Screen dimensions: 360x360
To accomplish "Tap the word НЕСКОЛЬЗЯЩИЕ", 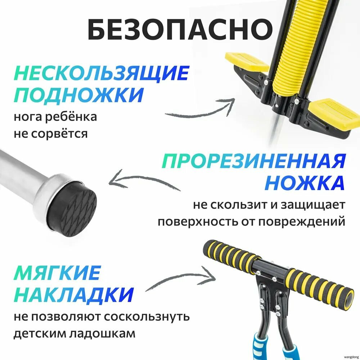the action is coord(101,73).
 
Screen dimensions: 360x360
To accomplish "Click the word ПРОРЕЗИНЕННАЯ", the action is coord(253,161).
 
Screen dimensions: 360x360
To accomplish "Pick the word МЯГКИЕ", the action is coord(57,273).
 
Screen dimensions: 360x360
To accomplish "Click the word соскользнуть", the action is coord(147,317).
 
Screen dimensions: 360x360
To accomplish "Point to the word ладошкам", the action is coord(102,334).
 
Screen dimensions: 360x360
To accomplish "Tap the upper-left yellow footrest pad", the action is coord(247,62).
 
